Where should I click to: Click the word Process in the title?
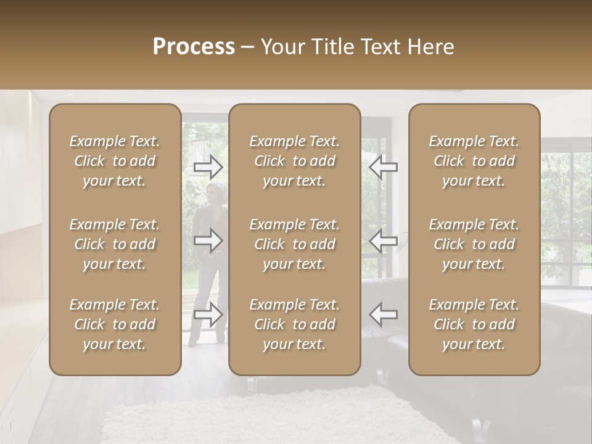[x=194, y=46]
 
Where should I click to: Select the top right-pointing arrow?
[x=208, y=166]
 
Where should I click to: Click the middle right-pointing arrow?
[x=208, y=241]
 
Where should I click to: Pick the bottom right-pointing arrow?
[x=208, y=314]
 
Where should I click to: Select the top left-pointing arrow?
[x=383, y=166]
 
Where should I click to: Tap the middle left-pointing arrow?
[x=383, y=241]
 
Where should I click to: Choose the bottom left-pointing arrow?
[x=383, y=314]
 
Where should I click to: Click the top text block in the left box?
[x=115, y=161]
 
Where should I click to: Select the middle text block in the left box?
[x=115, y=244]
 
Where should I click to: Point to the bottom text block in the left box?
[x=115, y=324]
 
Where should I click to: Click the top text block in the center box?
[x=294, y=161]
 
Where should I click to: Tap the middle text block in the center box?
[x=294, y=244]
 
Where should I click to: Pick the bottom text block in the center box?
[x=294, y=324]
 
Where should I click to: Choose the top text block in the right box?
[x=474, y=161]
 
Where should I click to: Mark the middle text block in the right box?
[x=474, y=244]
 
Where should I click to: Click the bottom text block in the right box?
[x=474, y=324]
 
